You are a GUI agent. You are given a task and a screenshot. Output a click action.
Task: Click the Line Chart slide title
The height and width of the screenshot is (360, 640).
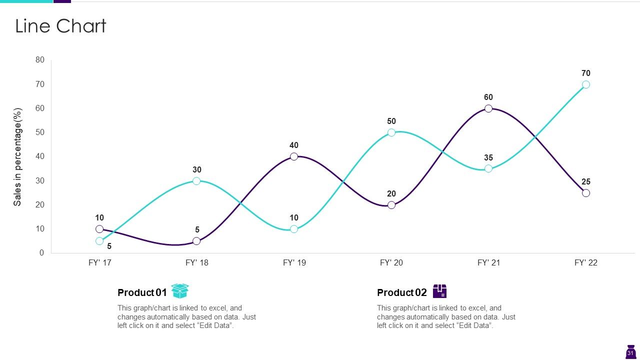pos(60,26)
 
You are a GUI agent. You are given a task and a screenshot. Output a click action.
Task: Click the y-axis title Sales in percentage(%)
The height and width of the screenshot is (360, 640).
pos(17,157)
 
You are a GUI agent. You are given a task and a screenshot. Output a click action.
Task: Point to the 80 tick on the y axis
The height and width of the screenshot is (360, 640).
pos(40,59)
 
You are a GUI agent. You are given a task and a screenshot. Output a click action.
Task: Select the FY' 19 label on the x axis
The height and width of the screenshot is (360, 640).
pos(294,262)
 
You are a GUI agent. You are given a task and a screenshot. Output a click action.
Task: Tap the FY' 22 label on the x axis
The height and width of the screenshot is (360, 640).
pos(585,262)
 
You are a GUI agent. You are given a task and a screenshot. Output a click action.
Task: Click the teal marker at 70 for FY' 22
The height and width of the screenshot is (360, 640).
pos(585,84)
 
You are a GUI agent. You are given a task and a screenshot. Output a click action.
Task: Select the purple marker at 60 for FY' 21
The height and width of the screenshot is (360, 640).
pos(488,108)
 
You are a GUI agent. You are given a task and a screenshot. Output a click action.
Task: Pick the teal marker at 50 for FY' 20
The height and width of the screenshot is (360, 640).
pos(391,132)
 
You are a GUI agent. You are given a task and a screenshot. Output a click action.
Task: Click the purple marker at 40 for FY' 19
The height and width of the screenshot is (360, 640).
pos(294,156)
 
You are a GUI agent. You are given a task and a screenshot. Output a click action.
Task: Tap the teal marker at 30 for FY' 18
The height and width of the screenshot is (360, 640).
pos(196,181)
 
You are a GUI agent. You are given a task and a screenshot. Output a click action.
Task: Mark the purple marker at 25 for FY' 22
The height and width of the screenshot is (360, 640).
pos(585,193)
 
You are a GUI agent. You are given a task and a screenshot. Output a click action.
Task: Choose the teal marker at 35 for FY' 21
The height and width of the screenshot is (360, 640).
pos(488,168)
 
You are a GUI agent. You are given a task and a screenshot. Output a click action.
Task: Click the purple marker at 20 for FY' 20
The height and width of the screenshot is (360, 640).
pos(391,205)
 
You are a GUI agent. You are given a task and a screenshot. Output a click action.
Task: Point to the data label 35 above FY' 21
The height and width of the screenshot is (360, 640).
pos(488,157)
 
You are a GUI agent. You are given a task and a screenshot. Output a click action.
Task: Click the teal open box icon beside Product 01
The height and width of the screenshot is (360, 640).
pos(180,291)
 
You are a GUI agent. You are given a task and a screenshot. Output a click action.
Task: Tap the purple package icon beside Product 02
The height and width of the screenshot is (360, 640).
pos(439,291)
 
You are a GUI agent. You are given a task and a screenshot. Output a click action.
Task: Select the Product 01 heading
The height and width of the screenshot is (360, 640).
pos(142,292)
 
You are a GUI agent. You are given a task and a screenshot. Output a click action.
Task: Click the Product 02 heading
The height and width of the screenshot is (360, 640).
pos(401,292)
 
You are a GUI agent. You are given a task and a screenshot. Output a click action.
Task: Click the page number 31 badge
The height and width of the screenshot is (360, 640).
pos(630,352)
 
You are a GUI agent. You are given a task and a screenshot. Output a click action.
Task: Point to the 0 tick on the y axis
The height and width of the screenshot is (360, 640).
pos(41,253)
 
